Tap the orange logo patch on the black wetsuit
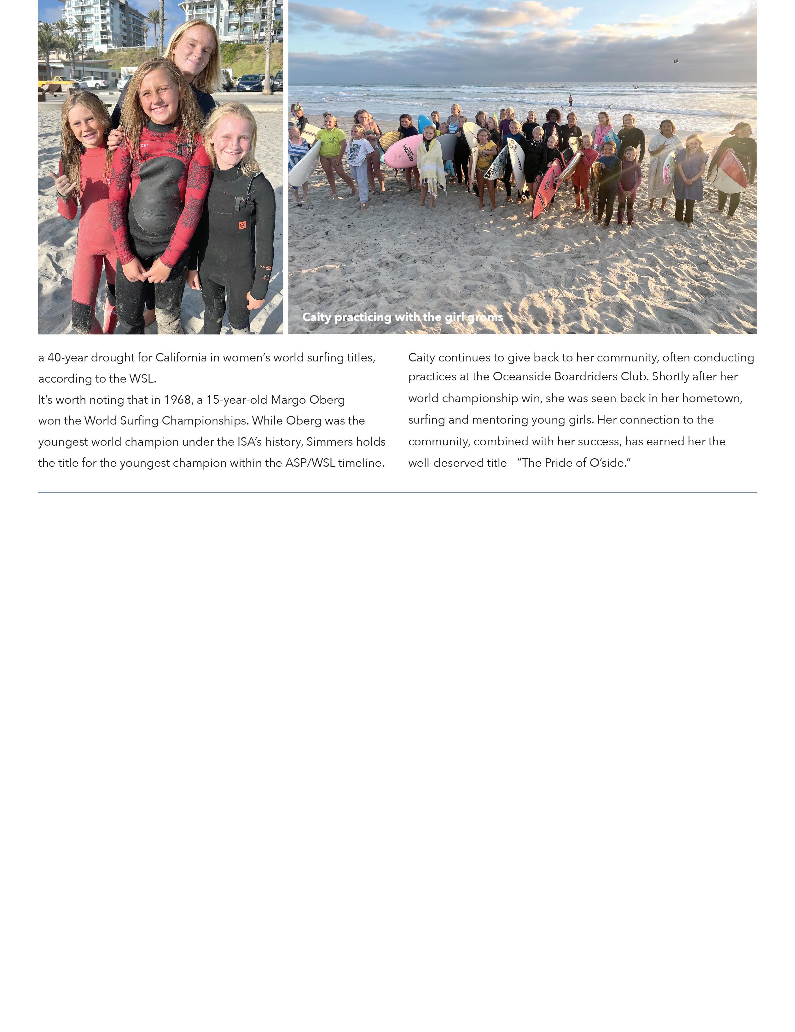pos(242,225)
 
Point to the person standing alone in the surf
pos(571,102)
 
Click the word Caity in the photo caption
pos(316,317)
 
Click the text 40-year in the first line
pos(67,358)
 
